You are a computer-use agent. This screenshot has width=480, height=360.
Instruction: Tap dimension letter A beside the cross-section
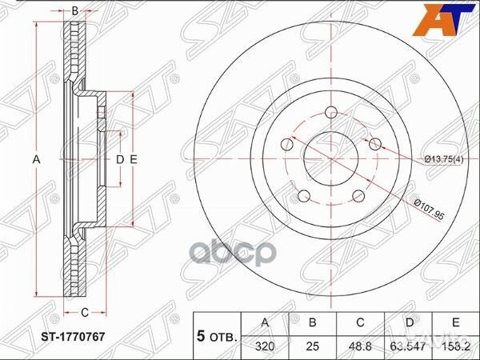coord(36,160)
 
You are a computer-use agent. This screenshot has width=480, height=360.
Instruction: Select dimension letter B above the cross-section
coord(74,10)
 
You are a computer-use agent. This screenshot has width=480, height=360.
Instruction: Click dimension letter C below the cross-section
coord(82,313)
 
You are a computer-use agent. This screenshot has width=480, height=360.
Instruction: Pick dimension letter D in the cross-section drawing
coord(119,160)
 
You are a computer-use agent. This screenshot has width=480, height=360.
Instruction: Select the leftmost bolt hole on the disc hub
coord(286,145)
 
